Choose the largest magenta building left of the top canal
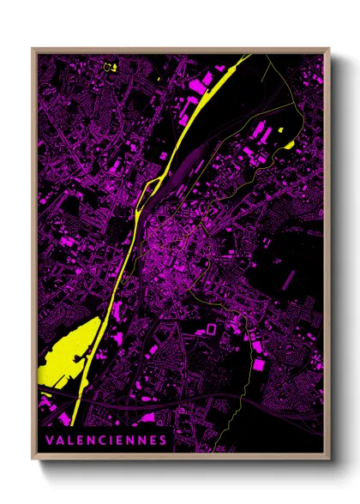point(205,81)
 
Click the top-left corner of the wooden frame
point(33,49)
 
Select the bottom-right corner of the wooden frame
point(328,459)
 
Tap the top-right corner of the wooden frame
point(328,49)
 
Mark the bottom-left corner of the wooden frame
point(33,459)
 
